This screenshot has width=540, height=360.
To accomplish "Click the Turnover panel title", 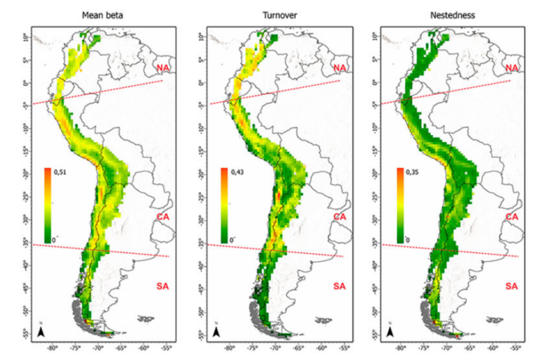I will click(x=278, y=15).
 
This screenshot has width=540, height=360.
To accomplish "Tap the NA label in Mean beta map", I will click(x=162, y=67).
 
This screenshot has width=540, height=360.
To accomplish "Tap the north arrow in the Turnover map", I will click(x=218, y=330).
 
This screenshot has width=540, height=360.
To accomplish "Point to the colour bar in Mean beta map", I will click(x=46, y=205).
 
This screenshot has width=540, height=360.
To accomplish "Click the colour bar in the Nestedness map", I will click(x=399, y=205).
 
